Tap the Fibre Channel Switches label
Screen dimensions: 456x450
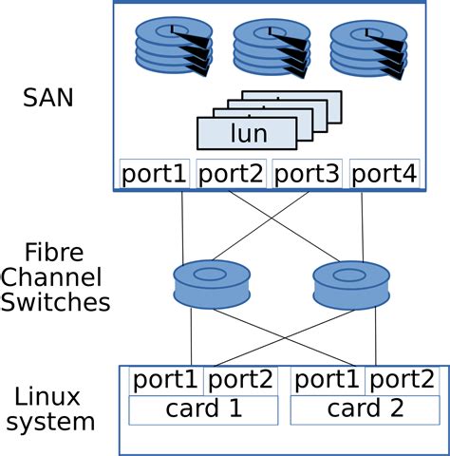pos(54,278)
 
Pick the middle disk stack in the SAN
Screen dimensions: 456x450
pos(272,47)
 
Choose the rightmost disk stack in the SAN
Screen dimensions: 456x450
pos(368,47)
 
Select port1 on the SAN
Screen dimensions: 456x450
pos(155,174)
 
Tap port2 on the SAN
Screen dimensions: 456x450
pos(232,174)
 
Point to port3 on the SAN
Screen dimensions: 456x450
pos(307,174)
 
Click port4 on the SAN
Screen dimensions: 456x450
pos(384,174)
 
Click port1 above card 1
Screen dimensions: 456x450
pos(165,381)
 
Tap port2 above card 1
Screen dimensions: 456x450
pos(239,381)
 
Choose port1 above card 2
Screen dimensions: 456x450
pos(327,381)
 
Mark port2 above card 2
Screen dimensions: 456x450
pos(401,381)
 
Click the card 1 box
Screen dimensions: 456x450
pos(201,410)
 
